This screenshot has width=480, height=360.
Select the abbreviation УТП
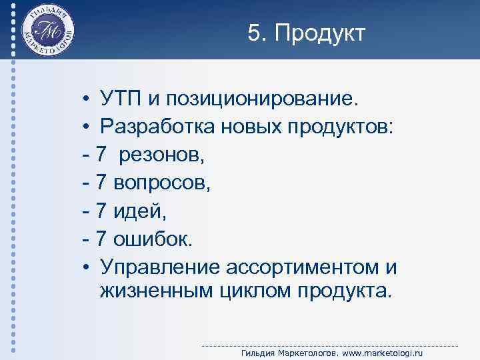(121, 99)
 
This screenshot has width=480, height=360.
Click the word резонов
(163, 155)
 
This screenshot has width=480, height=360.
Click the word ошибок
(147, 239)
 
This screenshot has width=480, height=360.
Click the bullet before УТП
(87, 100)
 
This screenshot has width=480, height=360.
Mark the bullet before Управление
(87, 268)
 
